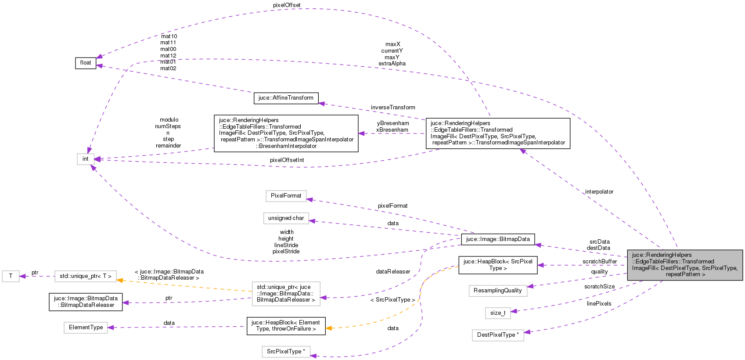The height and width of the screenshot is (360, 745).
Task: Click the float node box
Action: (x=86, y=63)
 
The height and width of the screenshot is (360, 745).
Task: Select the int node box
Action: (x=86, y=159)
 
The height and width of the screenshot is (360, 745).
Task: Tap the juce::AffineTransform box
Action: (x=286, y=98)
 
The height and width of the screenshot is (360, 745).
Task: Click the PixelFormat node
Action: (x=286, y=196)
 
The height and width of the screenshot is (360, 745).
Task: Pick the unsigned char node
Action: (x=286, y=218)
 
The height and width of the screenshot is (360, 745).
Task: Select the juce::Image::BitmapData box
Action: (x=498, y=239)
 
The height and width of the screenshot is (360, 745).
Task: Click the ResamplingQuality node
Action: (x=497, y=291)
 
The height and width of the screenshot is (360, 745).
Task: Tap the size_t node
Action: (x=497, y=313)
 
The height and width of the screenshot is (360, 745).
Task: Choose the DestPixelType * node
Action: (x=497, y=335)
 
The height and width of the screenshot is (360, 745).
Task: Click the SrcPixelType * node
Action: (x=286, y=352)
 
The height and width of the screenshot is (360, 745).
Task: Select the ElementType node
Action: (x=86, y=328)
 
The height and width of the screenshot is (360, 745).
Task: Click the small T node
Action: (x=11, y=276)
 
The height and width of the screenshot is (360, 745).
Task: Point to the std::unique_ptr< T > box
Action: (x=86, y=276)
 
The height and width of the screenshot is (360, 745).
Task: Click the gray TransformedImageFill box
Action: (x=684, y=265)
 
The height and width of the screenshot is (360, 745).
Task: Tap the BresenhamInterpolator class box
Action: (x=286, y=133)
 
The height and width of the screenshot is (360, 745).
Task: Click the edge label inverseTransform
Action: (x=392, y=108)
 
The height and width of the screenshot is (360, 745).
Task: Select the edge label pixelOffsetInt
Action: (x=287, y=160)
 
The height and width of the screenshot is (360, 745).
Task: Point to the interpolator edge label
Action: (x=599, y=192)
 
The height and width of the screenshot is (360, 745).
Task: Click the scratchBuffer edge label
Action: (x=599, y=262)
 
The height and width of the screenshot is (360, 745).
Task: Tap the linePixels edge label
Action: (x=599, y=304)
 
